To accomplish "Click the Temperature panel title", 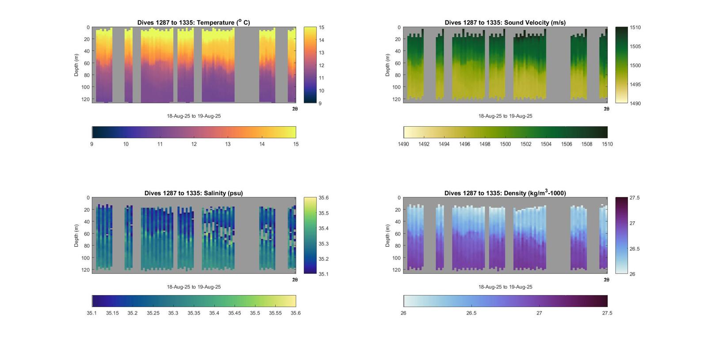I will [x=194, y=23].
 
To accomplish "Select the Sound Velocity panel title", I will [x=505, y=23].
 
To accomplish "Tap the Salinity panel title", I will [x=194, y=193].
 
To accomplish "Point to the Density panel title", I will [x=505, y=193].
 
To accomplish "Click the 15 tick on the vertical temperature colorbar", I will [x=322, y=27].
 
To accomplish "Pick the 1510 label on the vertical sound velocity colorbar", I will [x=635, y=27].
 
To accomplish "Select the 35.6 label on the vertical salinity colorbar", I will [x=323, y=198].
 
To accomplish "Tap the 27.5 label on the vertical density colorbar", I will [x=635, y=198].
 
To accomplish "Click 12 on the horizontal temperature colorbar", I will [x=194, y=144].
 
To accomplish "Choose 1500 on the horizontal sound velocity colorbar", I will [x=505, y=144].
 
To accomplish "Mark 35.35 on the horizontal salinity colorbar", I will [x=194, y=313].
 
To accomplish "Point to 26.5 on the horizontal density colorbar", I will [x=471, y=313].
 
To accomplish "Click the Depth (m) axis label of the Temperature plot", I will [x=76, y=65].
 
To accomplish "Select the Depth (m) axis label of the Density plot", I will [x=388, y=235].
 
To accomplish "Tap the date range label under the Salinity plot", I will [x=194, y=287].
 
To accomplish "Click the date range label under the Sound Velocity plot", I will [x=505, y=116].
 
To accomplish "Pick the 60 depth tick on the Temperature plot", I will [x=87, y=63].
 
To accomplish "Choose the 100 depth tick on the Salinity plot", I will [x=85, y=258].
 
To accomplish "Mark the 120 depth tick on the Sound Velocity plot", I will [x=396, y=99].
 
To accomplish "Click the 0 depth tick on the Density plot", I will [x=399, y=198].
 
